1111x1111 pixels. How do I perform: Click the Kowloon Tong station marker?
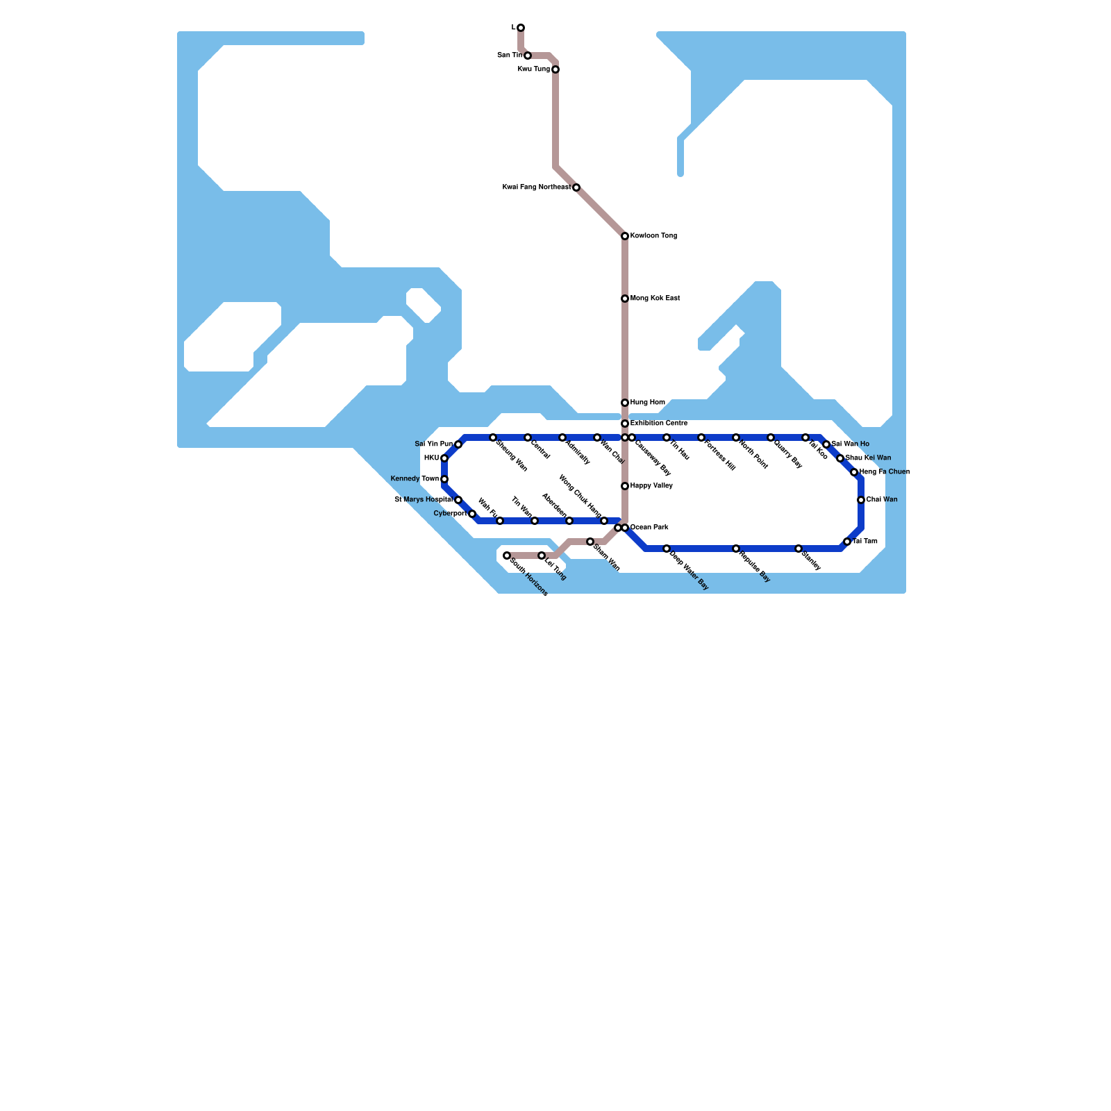pos(625,236)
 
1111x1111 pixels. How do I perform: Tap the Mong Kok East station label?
pos(655,299)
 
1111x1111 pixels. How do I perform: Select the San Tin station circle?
pos(528,56)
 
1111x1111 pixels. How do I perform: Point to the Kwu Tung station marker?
pos(555,69)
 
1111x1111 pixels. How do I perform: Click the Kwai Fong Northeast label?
pos(536,187)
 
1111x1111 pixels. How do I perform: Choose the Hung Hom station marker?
pos(625,403)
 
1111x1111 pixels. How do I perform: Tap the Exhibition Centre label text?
pos(659,424)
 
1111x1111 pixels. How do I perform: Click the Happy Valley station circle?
pos(625,486)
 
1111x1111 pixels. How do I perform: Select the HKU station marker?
pos(444,458)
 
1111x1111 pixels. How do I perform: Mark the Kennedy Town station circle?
pos(444,479)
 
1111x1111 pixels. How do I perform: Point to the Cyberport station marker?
pos(472,514)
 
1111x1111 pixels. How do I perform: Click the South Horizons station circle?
pos(507,555)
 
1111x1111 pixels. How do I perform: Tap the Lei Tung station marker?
pos(542,555)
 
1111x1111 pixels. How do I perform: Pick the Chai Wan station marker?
pos(861,500)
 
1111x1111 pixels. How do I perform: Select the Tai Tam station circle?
pos(847,542)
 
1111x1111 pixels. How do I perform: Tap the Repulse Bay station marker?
pos(736,549)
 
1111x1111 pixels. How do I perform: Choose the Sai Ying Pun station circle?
pos(458,444)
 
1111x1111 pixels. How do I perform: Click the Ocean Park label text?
pos(649,528)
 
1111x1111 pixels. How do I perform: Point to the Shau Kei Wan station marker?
pos(840,458)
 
